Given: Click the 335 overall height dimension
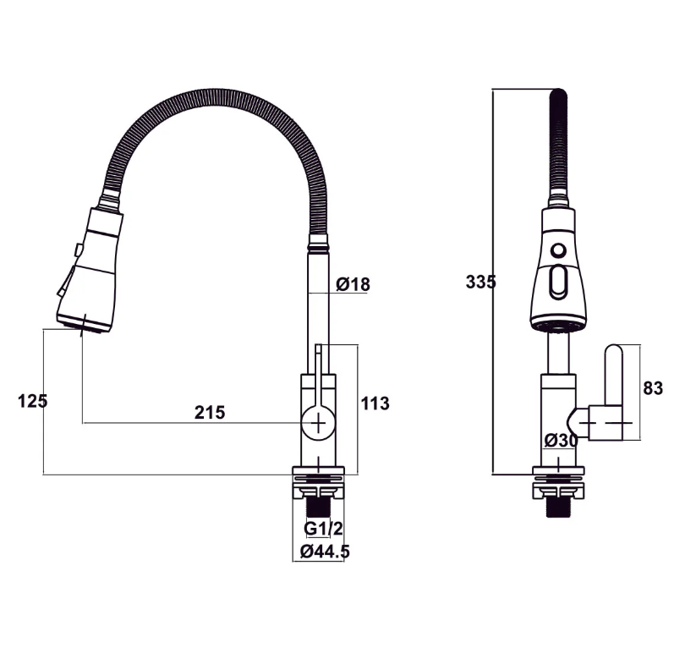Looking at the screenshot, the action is pos(480,282).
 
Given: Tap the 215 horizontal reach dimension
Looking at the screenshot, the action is pos(210,412).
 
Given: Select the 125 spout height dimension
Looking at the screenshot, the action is pos(33,401).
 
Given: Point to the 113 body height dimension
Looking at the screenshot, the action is pos(375,403).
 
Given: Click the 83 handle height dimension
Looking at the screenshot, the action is pos(653,388).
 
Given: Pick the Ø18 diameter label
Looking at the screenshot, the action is pos(353,284).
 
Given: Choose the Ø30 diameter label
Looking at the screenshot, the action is pos(561,440).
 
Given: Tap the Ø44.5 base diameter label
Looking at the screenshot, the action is pos(325,551).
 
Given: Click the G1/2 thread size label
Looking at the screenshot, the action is pos(323,529).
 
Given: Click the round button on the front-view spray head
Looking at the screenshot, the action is pos(557,251).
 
